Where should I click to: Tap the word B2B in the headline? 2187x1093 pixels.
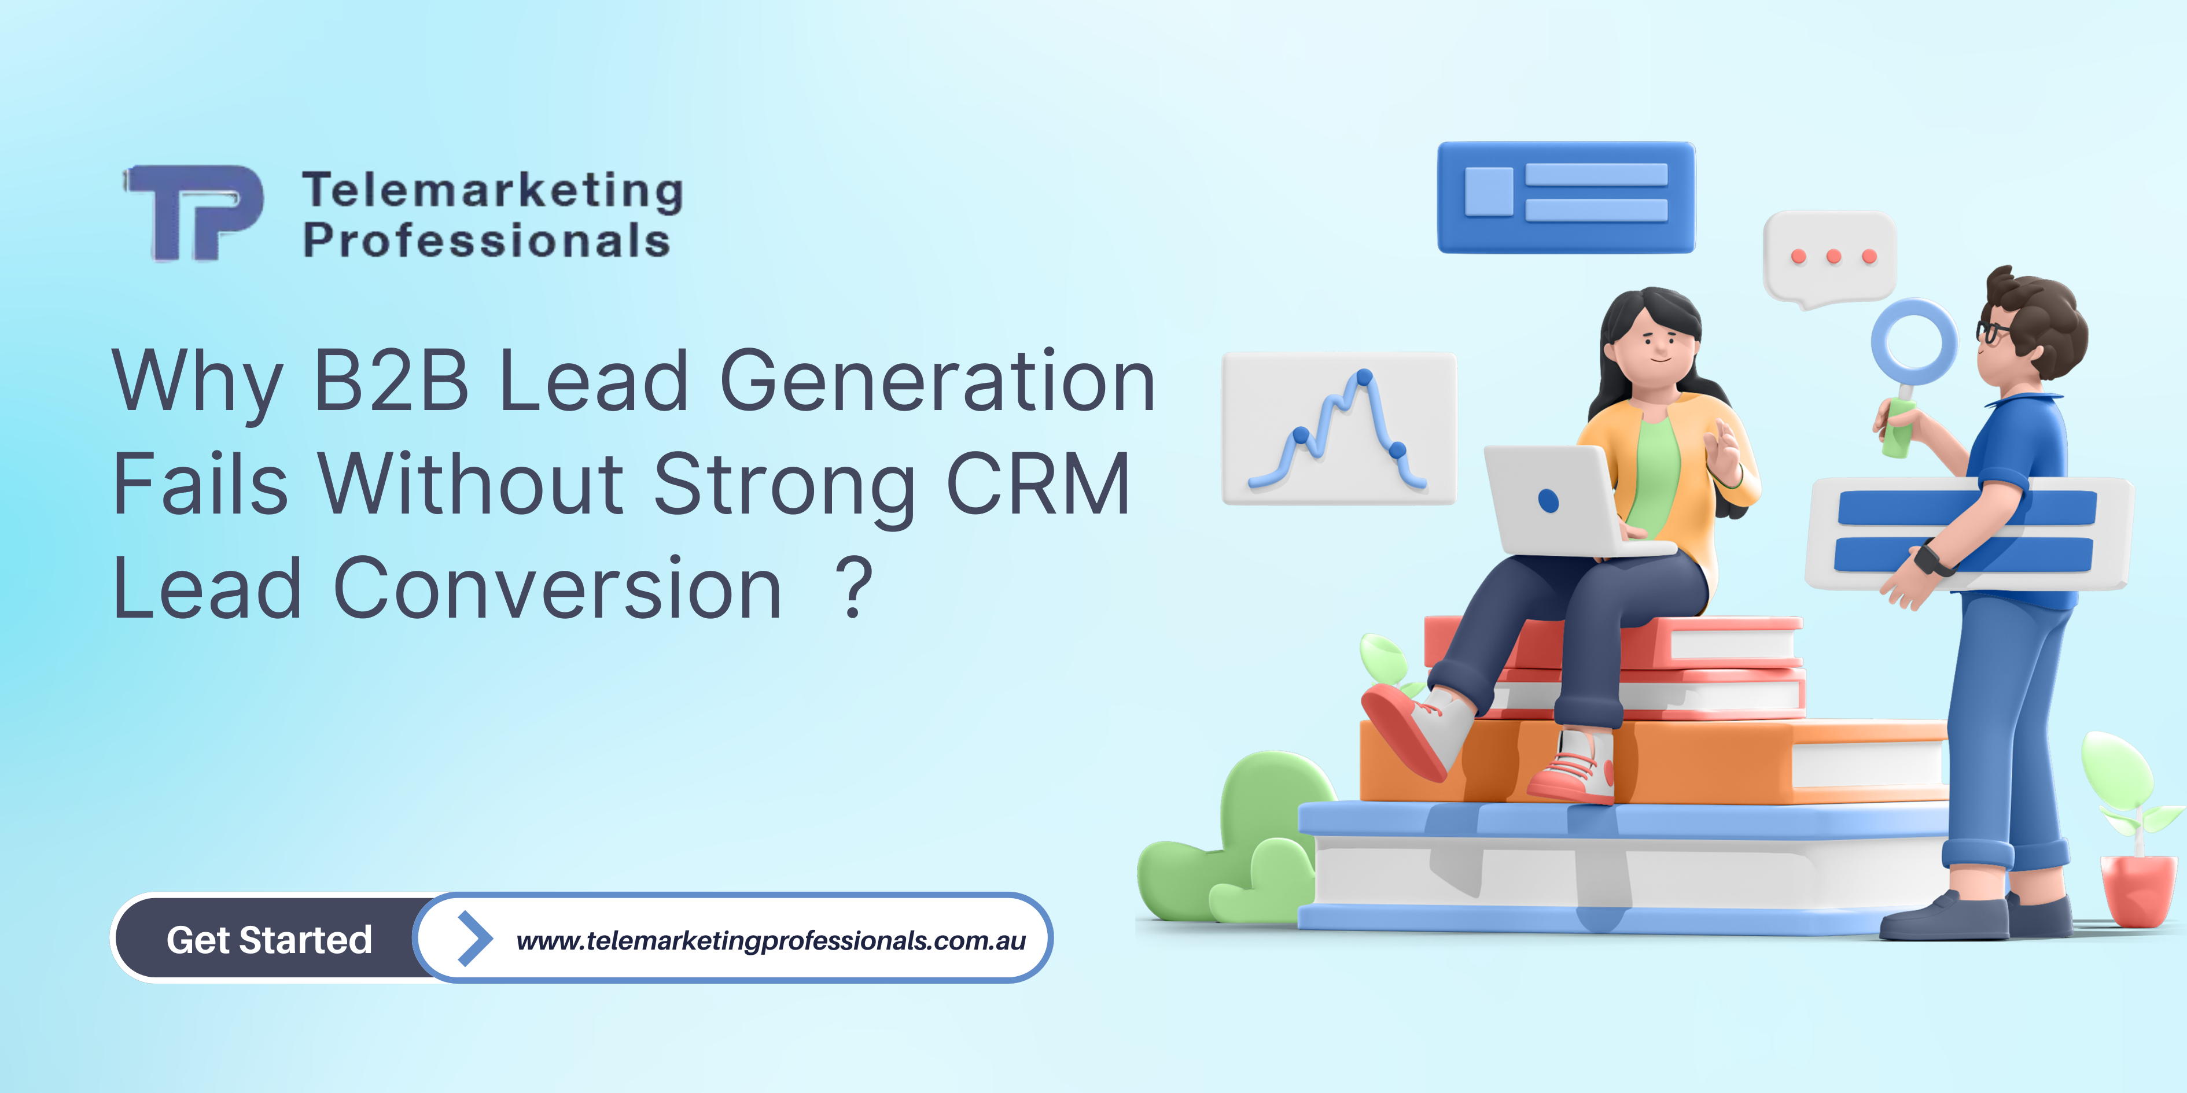(x=391, y=381)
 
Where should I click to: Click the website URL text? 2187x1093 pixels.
(x=771, y=940)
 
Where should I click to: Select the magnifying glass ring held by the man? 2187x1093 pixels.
(x=1914, y=342)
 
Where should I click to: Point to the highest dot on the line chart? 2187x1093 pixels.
(x=1364, y=376)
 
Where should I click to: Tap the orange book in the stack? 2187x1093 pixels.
(x=1698, y=761)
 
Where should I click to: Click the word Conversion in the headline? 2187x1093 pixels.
(x=557, y=588)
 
